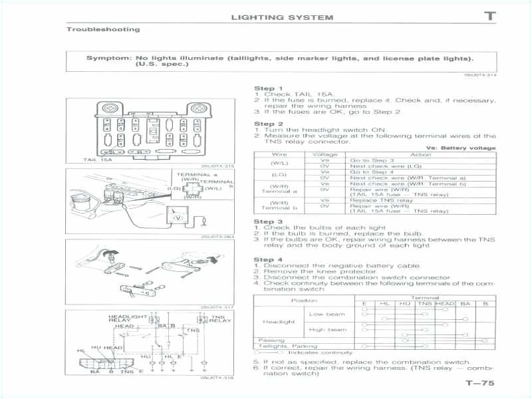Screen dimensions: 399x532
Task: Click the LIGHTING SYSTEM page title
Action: point(282,17)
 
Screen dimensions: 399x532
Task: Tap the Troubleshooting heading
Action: point(103,29)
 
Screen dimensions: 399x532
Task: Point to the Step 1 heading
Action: point(268,88)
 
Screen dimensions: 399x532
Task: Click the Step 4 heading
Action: point(268,259)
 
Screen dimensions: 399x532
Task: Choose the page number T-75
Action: point(480,384)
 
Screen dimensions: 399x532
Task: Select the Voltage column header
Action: point(325,154)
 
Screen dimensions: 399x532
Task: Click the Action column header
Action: point(421,154)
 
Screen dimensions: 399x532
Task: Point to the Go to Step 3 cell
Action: point(372,160)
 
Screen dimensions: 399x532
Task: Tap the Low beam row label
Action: point(327,314)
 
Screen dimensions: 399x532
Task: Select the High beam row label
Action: point(327,330)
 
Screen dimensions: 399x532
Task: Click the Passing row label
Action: point(271,340)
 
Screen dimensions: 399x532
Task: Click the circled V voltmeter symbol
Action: point(177,217)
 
